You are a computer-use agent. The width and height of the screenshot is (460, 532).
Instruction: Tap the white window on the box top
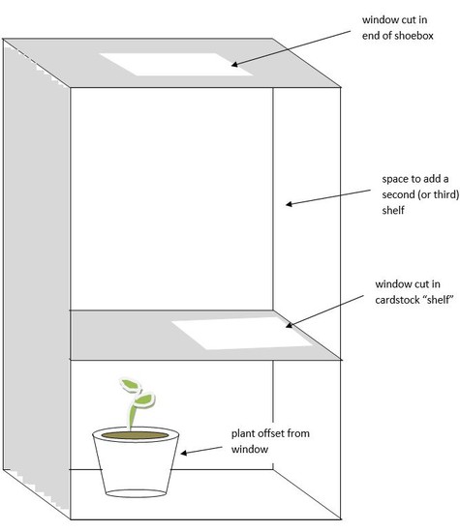click(176, 64)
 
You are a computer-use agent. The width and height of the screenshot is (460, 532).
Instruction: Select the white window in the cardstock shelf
click(242, 333)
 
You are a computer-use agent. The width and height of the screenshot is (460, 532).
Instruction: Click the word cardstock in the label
click(397, 300)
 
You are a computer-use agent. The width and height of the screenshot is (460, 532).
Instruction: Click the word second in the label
click(398, 194)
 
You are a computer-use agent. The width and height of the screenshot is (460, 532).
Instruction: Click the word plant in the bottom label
click(243, 433)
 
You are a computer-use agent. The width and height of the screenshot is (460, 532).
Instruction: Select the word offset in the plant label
click(272, 433)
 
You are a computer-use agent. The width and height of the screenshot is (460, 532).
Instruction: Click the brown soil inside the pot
click(135, 435)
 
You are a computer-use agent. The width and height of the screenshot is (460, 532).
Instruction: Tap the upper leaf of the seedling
click(130, 385)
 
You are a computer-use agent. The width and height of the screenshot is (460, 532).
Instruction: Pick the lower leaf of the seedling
click(144, 399)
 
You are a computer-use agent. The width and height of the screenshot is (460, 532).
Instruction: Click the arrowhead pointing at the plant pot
click(183, 453)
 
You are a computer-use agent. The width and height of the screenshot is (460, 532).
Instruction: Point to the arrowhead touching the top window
click(234, 64)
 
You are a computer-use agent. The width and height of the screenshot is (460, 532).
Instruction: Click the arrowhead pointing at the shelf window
click(289, 325)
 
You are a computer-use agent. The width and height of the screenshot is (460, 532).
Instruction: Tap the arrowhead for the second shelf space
click(289, 204)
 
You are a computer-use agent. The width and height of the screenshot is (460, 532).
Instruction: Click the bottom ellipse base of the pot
click(136, 493)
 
